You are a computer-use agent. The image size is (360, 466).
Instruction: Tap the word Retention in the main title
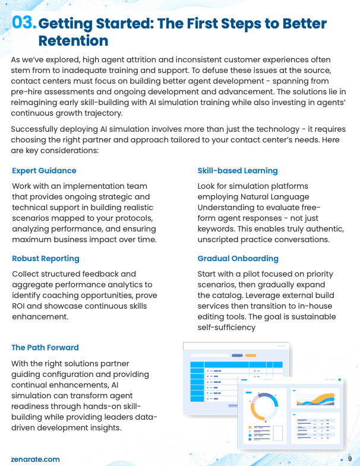pos(73,40)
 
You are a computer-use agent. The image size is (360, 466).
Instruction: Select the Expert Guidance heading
pos(44,171)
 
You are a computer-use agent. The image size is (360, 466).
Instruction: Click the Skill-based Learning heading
pos(238,171)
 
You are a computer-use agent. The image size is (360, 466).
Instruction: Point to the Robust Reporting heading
pos(45,259)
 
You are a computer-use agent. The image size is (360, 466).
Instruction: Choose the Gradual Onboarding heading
pos(238,259)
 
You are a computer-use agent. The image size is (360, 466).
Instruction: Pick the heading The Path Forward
pos(45,347)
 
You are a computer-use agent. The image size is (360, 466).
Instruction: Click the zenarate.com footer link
pos(35,459)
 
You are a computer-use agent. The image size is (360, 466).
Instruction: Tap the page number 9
pos(350,459)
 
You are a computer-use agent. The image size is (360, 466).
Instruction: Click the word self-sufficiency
pos(226,327)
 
